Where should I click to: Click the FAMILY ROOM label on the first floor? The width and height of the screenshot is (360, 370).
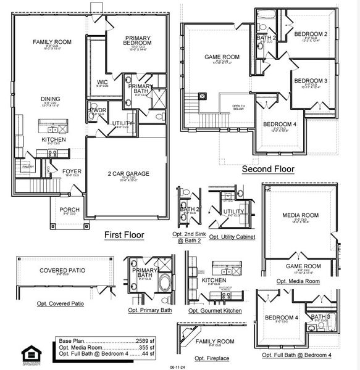coord(52,42)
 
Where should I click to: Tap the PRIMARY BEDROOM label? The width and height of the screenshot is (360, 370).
coord(138,40)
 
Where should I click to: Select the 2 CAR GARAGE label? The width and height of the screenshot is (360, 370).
coord(128,174)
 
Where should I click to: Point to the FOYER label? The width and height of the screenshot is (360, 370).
coord(72,171)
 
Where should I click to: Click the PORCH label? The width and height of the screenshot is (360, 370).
coord(69,210)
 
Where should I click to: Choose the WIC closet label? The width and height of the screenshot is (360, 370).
coord(103,82)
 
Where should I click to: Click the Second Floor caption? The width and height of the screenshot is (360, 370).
coord(267,168)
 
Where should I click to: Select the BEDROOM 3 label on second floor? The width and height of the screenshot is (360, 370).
coord(310,81)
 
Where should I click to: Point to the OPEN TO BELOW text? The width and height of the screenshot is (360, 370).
coord(239,108)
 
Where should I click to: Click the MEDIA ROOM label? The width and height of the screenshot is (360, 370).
coord(299,215)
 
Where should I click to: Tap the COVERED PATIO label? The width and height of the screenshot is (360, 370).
coord(62,270)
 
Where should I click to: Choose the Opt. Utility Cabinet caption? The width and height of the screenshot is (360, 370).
coord(232,237)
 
